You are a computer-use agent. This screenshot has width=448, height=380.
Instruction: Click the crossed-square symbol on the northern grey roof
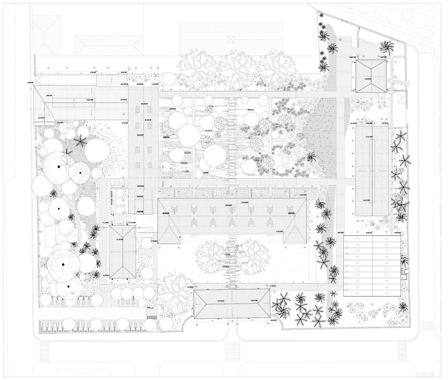coord(230,39)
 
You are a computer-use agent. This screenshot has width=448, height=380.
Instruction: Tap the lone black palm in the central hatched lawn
coord(310,157)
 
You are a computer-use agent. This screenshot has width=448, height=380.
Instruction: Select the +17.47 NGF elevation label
coord(369,137)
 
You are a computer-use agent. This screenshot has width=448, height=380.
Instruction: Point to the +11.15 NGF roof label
coord(120,239)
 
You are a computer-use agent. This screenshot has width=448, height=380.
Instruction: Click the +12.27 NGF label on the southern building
coord(254,300)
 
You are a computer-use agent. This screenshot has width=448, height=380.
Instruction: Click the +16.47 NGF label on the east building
coord(369,200)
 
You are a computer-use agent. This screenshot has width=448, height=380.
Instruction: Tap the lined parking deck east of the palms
coord(372,266)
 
